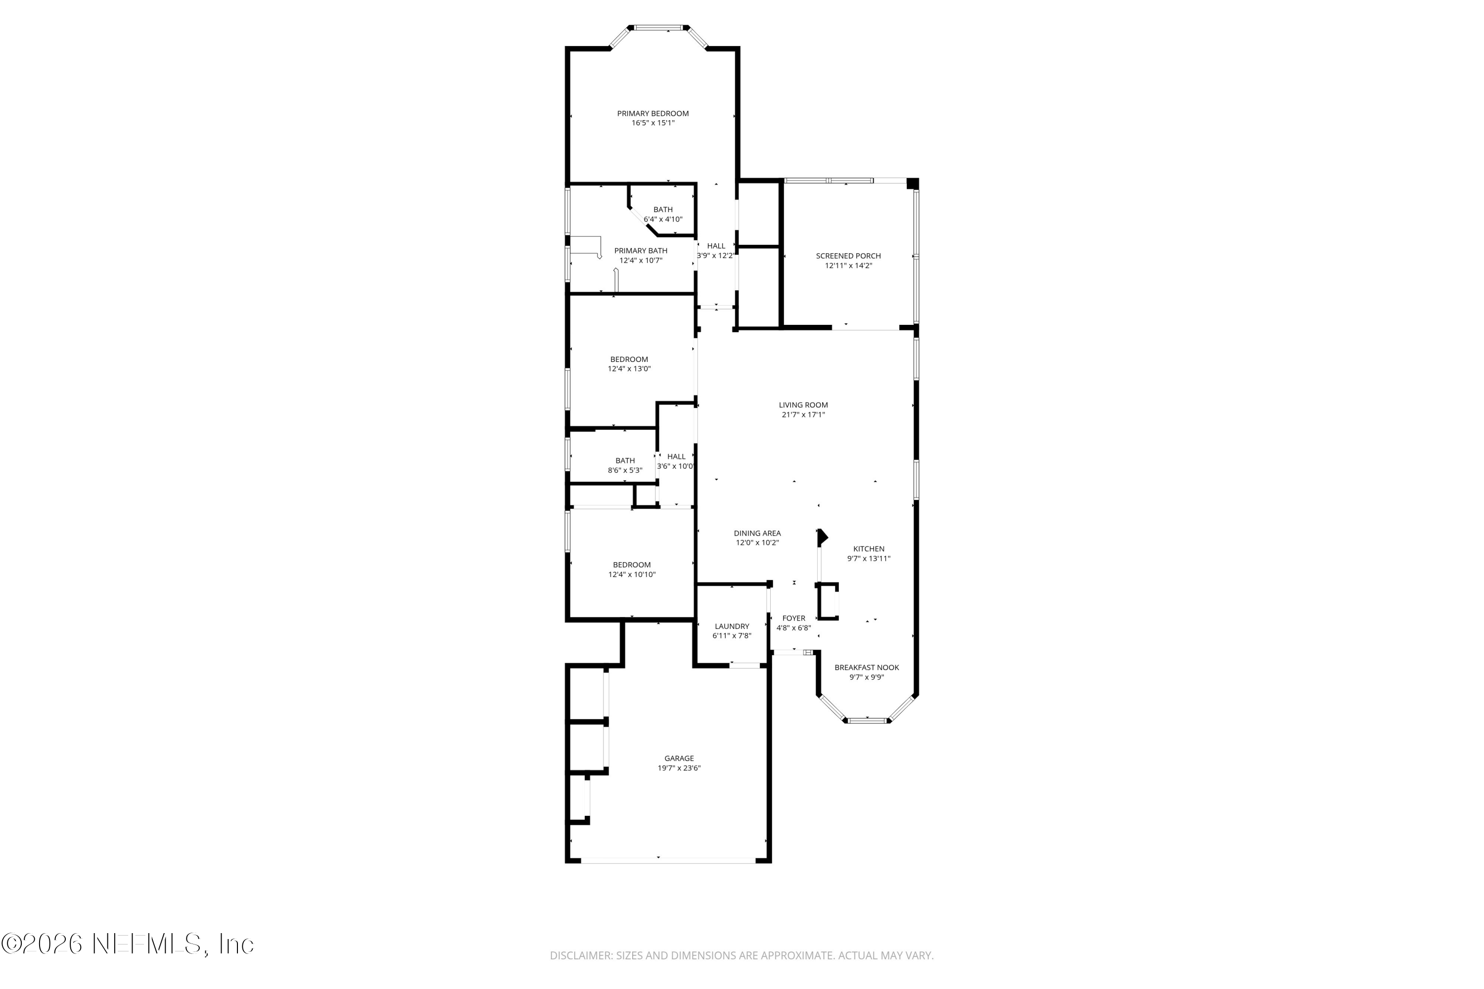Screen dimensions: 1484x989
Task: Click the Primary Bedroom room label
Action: (652, 114)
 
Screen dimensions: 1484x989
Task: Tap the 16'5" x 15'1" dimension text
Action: (653, 123)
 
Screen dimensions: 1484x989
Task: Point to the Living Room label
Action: (803, 405)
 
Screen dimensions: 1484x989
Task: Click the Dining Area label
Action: (757, 533)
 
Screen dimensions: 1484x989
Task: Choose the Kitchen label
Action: (869, 549)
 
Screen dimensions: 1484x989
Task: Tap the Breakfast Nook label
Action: (867, 667)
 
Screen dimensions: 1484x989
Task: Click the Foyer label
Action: (794, 618)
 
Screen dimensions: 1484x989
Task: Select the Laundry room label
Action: (732, 627)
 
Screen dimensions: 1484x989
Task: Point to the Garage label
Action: (679, 758)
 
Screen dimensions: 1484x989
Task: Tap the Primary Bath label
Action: (641, 250)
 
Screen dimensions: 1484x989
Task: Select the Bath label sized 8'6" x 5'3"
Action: (625, 460)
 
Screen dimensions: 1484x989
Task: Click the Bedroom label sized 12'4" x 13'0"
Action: (629, 360)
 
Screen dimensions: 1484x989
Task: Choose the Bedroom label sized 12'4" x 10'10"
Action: (632, 565)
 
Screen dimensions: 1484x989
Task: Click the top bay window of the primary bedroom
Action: (659, 28)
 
